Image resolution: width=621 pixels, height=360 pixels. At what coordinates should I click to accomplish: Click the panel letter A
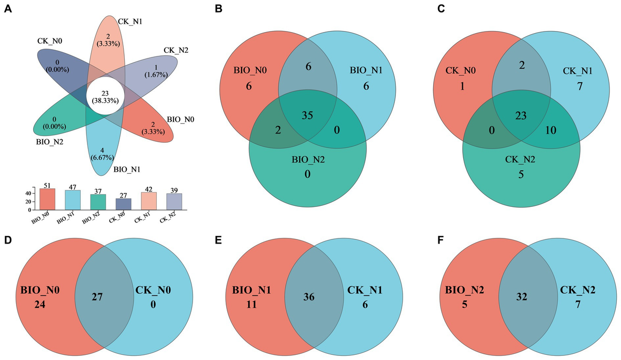tap(8, 9)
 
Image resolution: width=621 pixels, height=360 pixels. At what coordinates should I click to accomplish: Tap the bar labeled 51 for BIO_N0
tap(48, 199)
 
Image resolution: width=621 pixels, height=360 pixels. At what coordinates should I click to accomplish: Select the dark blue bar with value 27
tap(123, 204)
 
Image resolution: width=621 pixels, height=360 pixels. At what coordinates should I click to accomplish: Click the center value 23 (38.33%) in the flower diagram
tap(105, 97)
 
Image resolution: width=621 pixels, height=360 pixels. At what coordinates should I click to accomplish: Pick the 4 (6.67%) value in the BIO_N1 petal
tap(102, 154)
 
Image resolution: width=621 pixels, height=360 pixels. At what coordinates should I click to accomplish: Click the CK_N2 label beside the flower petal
tap(176, 50)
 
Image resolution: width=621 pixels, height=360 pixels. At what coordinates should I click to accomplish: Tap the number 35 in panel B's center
tap(307, 115)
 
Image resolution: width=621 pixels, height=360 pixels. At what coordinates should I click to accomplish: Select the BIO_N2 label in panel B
tap(308, 160)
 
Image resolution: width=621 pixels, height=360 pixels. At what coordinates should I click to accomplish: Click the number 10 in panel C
tap(551, 130)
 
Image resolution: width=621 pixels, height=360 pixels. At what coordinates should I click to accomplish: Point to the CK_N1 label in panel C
tap(578, 71)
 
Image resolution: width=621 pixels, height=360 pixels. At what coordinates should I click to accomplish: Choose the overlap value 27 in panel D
tap(97, 297)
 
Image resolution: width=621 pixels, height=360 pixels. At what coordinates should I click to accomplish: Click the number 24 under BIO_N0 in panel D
tap(40, 305)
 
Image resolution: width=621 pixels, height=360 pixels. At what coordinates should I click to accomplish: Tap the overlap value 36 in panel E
tap(309, 297)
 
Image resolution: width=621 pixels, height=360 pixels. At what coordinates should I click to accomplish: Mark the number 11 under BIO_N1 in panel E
tap(252, 305)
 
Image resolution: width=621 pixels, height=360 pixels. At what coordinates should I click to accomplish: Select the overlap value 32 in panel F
tap(522, 297)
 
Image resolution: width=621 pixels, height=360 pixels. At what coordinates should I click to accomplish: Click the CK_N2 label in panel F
tap(578, 290)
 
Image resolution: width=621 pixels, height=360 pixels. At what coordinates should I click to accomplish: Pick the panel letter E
tap(218, 241)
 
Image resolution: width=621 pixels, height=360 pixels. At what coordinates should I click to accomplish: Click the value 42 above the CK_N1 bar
tap(149, 189)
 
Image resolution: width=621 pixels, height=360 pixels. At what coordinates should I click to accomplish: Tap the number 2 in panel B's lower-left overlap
tap(278, 130)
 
